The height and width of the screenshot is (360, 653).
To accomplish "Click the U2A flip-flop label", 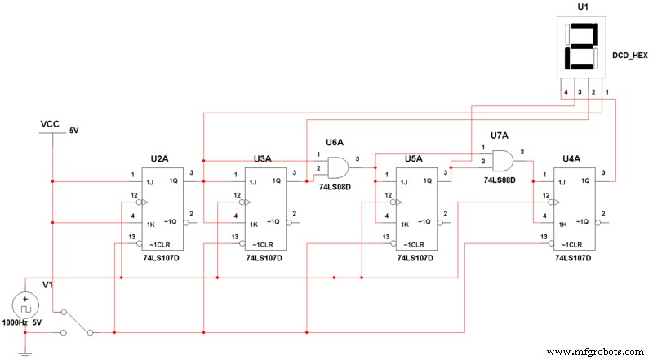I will point(159,158).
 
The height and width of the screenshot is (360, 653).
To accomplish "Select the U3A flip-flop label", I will point(263,158).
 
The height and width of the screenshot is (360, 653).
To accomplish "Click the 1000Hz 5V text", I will point(24,323).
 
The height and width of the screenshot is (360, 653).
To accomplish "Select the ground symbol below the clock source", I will point(24,353).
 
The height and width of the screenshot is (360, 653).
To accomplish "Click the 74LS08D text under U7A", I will point(499,179).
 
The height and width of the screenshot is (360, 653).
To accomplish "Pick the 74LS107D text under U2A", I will point(160,258).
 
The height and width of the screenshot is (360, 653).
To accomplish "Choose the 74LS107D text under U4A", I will point(572,258).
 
